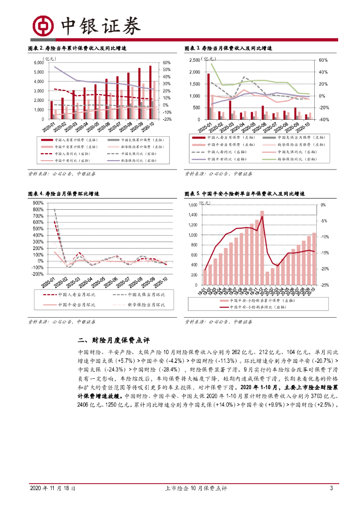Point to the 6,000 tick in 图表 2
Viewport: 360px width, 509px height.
(x=39, y=63)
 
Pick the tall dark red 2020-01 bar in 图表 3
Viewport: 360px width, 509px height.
(x=208, y=96)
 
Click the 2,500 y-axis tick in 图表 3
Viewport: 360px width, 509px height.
(x=194, y=60)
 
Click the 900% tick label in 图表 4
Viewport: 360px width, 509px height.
(x=37, y=203)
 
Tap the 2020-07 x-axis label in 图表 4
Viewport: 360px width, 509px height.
(x=121, y=282)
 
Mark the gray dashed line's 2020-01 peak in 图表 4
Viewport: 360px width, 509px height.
(x=54, y=209)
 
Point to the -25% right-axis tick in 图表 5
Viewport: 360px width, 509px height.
(x=323, y=285)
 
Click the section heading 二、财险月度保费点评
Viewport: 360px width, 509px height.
(x=114, y=341)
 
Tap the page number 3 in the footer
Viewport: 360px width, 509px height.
(x=331, y=488)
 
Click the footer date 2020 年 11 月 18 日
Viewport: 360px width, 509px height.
(x=53, y=488)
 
